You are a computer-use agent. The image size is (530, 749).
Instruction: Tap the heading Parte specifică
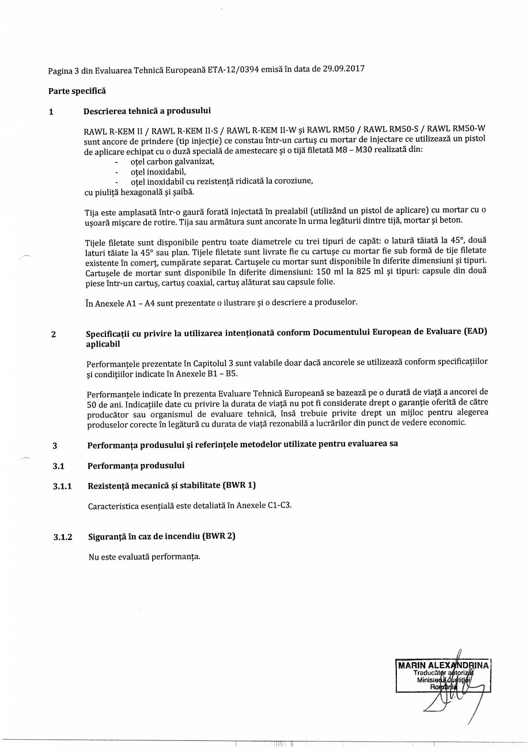coord(77,91)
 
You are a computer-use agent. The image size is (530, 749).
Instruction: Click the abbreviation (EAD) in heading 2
coord(470,332)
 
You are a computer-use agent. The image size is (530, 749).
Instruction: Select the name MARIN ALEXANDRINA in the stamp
coord(444,666)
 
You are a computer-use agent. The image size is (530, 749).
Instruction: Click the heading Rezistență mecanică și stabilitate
coord(154,486)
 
